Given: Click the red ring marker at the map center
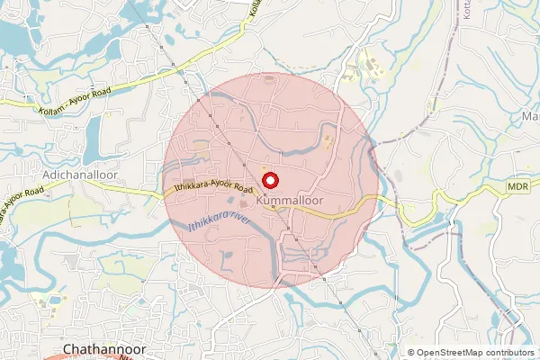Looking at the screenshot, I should (269, 180).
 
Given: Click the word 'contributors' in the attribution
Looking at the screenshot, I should (507, 352).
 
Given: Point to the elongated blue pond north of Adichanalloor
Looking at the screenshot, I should (93, 136).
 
